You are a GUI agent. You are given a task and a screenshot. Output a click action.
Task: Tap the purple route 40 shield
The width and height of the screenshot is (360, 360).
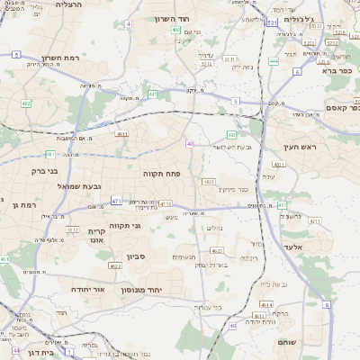pyautogui.click(x=190, y=144)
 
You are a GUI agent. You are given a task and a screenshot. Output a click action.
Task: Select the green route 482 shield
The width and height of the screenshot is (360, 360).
pyautogui.click(x=25, y=103)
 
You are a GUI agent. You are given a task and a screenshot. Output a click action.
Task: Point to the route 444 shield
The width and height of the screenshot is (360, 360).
pyautogui.click(x=272, y=62)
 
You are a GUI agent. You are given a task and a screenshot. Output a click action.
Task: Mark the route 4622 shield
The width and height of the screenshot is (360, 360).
pyautogui.click(x=114, y=266)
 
